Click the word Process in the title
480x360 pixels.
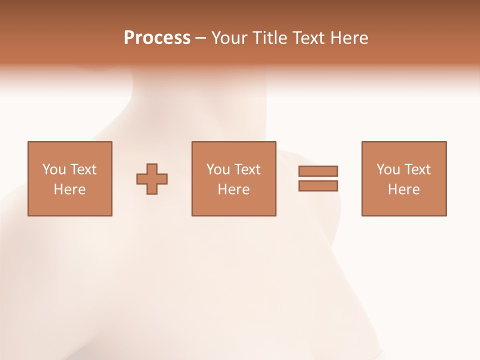pyautogui.click(x=157, y=38)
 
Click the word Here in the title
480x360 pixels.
pyautogui.click(x=349, y=38)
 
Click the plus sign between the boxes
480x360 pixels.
pyautogui.click(x=152, y=179)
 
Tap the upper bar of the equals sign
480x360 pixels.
pyautogui.click(x=318, y=171)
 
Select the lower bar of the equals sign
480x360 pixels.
pyautogui.click(x=318, y=185)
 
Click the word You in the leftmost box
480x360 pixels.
pyautogui.click(x=54, y=169)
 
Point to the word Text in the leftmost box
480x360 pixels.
pyautogui.click(x=83, y=169)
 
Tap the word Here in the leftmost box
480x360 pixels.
pyautogui.click(x=69, y=189)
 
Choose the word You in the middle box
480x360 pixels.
pyautogui.click(x=218, y=169)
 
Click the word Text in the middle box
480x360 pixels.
pyautogui.click(x=247, y=169)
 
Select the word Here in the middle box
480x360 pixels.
pyautogui.click(x=233, y=189)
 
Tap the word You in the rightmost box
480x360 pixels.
pyautogui.click(x=388, y=169)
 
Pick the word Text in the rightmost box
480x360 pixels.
pyautogui.click(x=417, y=169)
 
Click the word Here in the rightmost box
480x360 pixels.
pyautogui.click(x=403, y=189)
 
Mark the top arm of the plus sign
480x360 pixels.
pyautogui.click(x=152, y=168)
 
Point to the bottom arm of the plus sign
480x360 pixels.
pyautogui.click(x=152, y=189)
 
